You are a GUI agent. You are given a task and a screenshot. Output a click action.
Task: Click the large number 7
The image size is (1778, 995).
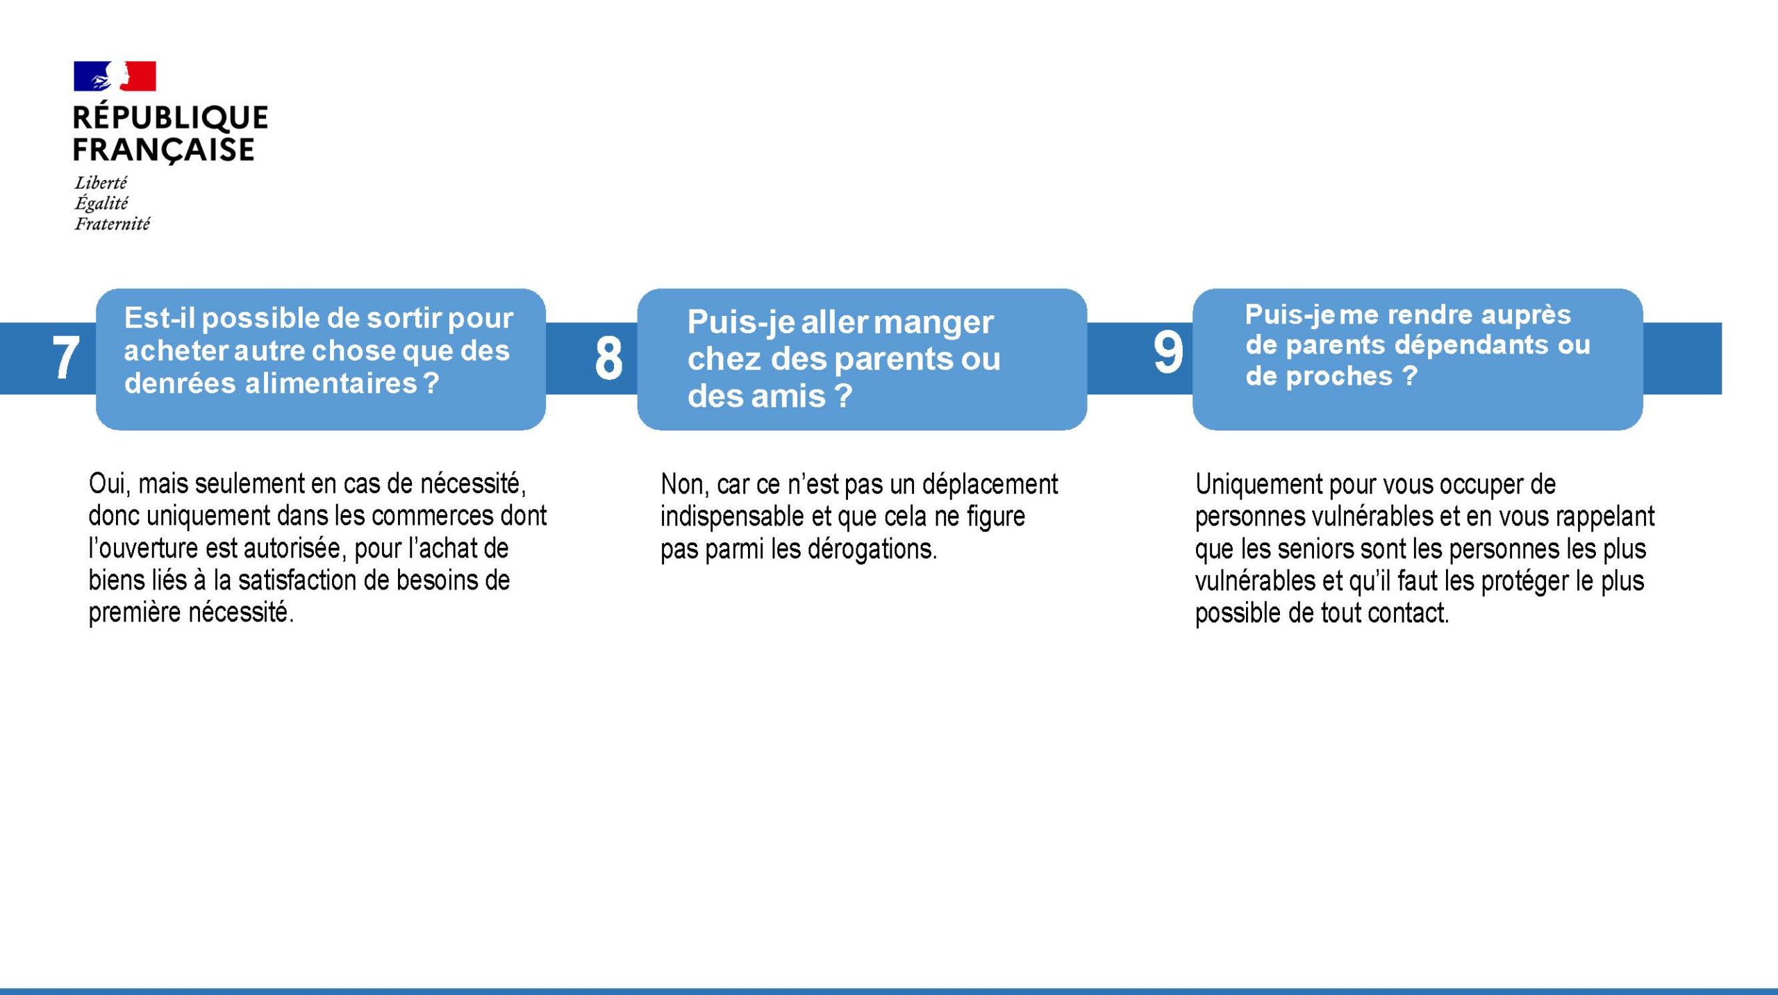(x=65, y=358)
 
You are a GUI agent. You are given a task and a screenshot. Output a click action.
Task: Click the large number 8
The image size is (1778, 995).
(x=608, y=359)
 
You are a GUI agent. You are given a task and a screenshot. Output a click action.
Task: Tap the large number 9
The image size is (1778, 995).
(x=1168, y=352)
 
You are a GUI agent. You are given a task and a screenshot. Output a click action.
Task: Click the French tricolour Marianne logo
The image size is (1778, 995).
(x=115, y=76)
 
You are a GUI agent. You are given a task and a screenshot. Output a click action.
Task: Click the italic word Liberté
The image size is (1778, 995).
(x=101, y=183)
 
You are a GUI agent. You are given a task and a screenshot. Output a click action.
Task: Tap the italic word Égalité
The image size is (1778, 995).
(x=101, y=203)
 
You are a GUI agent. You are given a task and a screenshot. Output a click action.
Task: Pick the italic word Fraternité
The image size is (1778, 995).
(x=113, y=224)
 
